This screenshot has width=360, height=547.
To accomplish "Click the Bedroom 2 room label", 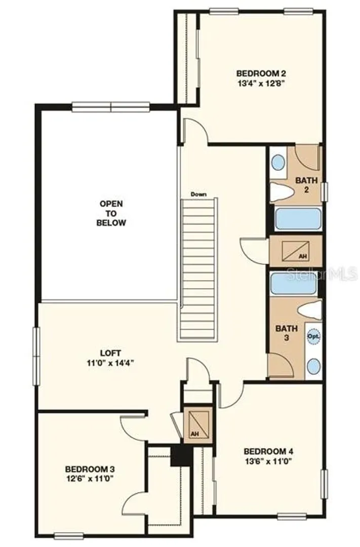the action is click(261, 73).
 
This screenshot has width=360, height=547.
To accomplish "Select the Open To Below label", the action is click(111, 213).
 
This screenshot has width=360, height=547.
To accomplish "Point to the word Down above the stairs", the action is click(198, 194).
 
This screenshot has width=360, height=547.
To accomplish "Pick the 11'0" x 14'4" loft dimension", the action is click(110, 363).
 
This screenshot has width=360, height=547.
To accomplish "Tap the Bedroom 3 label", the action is click(90, 469).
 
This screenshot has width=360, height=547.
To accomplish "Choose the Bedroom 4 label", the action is click(268, 451).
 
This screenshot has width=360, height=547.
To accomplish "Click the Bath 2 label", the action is click(307, 185).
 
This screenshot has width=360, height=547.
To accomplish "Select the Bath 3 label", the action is click(287, 333).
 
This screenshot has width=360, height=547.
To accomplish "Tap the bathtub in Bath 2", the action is click(298, 219).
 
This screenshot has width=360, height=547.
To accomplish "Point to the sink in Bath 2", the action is click(278, 162).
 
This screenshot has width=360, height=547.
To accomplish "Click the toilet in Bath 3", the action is click(309, 310).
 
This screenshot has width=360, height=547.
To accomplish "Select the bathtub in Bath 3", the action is click(294, 284).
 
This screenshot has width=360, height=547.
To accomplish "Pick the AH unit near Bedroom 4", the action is click(198, 425).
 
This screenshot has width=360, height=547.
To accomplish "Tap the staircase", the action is click(197, 268).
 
